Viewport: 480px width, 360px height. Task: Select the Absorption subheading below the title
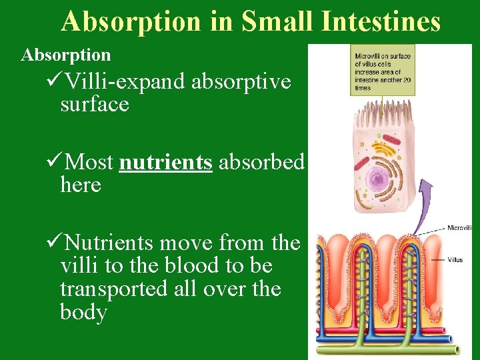click(x=65, y=55)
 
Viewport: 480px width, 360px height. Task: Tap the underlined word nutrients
click(x=165, y=162)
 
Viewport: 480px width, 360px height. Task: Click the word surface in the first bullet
click(x=94, y=105)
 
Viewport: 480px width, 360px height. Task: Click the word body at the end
click(x=83, y=313)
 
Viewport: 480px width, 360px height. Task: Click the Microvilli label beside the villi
click(x=459, y=229)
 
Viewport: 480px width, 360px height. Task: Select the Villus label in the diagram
click(x=455, y=260)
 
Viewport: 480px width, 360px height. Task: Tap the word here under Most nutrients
click(x=81, y=185)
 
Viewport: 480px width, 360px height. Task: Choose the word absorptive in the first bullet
click(x=241, y=82)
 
